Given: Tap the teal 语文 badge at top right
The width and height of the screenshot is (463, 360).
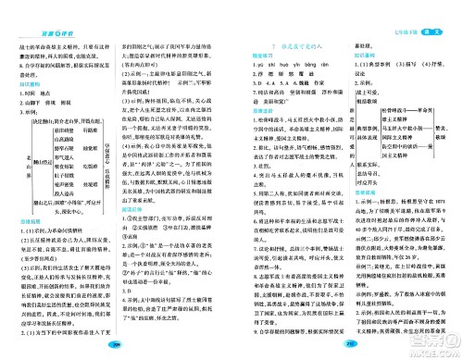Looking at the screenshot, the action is (x=432, y=9).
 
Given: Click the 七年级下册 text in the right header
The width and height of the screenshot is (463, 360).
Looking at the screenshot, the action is (x=402, y=10).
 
